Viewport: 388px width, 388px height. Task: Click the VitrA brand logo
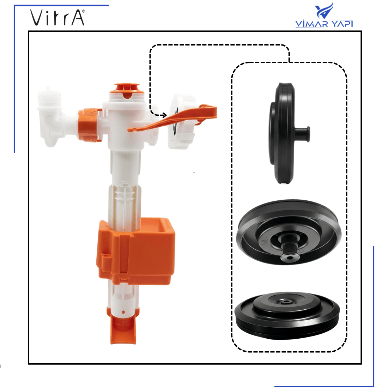(x=57, y=18)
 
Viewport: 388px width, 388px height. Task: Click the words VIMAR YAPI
(x=324, y=24)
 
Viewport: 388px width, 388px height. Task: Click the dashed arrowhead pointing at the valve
(x=164, y=115)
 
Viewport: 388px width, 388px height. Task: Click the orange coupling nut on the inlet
(x=90, y=125)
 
